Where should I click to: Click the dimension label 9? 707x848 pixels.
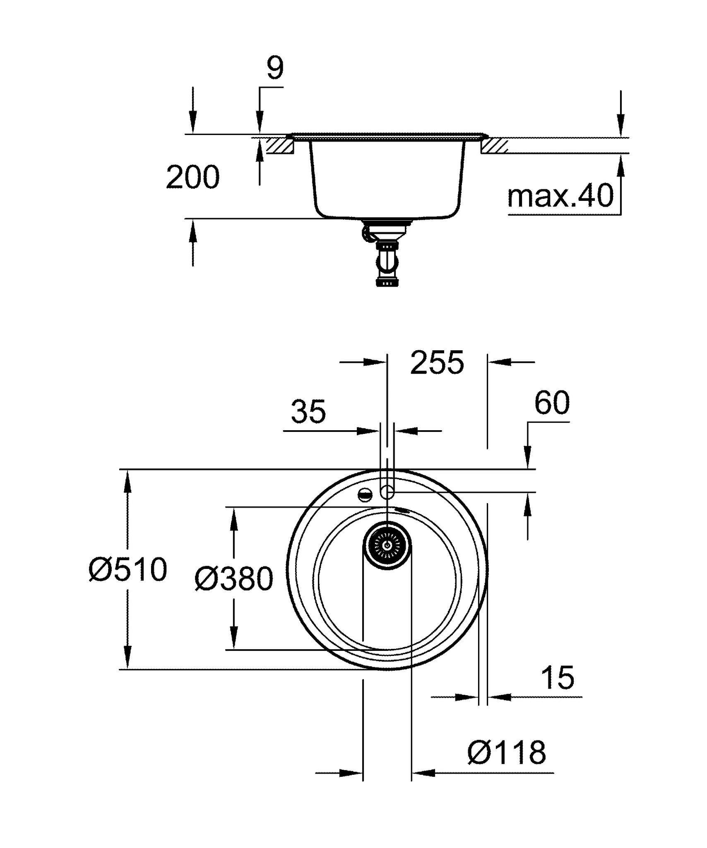275,68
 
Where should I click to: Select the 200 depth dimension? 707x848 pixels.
192,177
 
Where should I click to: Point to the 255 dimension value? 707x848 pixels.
437,363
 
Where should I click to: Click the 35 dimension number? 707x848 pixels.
308,412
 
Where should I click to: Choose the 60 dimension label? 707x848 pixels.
552,402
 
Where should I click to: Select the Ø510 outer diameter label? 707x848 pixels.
128,570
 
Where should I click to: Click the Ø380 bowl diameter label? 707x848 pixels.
234,579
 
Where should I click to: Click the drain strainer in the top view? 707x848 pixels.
387,546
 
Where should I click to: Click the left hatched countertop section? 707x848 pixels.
280,146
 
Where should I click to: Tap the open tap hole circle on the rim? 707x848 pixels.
387,492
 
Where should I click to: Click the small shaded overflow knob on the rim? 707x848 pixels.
366,494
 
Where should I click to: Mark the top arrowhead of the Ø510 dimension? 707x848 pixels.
127,480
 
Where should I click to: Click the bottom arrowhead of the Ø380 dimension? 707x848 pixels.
234,638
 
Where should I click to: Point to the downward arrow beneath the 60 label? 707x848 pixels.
527,457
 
